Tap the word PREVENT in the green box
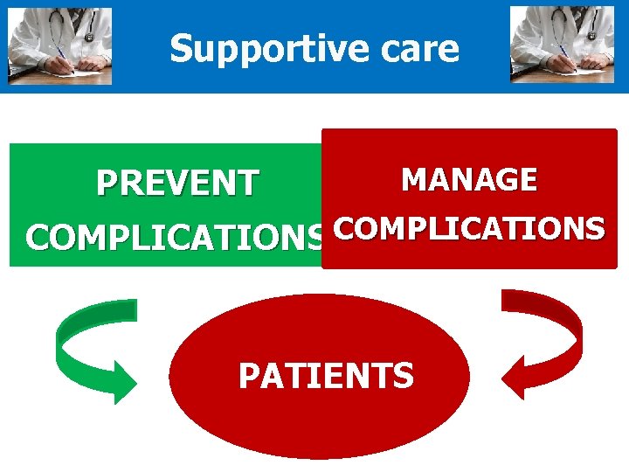pos(177,184)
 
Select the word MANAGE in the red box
pos(468,180)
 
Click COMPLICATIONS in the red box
pos(468,228)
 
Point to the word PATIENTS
pos(326,376)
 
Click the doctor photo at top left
pos(59,46)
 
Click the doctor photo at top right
pos(563,45)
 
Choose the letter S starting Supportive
pos(181,49)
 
